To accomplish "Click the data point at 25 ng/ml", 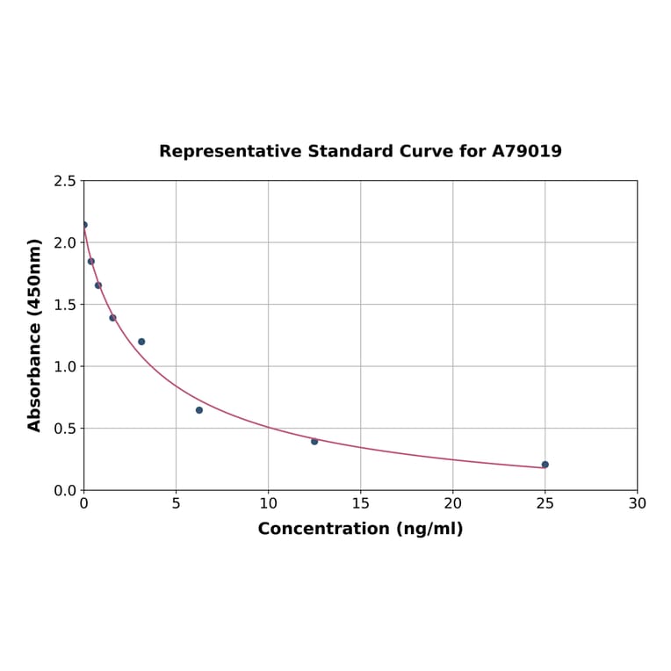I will point(545,465).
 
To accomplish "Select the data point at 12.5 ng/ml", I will point(314,442).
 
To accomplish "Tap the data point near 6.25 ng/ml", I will point(199,410).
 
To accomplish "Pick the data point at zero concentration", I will point(84,225).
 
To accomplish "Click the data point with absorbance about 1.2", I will point(141,342).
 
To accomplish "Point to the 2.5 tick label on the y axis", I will point(64,181).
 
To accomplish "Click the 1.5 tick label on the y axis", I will point(64,305).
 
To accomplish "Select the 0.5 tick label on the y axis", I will point(64,429).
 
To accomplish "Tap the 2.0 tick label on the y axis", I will point(64,242).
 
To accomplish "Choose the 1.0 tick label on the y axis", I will point(64,366).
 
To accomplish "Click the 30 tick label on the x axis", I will point(637,503).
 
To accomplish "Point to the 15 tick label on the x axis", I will point(360,503).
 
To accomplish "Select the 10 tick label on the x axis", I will point(268,503).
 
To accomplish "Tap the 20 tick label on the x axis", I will point(452,503).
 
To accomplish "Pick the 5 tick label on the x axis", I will point(176,503).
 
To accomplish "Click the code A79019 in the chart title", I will point(526,152).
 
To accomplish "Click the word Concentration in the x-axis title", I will point(323,529).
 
